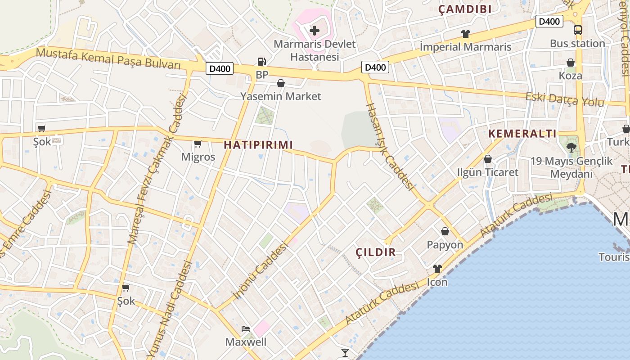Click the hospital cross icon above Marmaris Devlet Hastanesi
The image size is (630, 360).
pos(315,31)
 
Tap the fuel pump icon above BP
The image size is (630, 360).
pos(261,62)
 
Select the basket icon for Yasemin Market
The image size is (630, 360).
pos(281,83)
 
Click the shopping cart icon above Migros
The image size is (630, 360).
pos(198,144)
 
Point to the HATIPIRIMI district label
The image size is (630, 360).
pos(258,145)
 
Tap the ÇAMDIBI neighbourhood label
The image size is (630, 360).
pos(465,9)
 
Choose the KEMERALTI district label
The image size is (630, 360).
pos(522,134)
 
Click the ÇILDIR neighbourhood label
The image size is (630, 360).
pos(376,252)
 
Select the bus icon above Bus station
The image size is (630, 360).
pos(577,30)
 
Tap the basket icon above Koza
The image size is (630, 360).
pos(570,63)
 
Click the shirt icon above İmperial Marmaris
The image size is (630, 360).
pos(465,33)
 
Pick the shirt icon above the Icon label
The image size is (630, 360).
pos(437,269)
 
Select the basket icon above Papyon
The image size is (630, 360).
pos(445,231)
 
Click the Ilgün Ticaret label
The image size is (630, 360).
pos(487,172)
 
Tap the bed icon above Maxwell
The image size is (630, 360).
pos(246,328)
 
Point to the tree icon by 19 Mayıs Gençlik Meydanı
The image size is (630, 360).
pos(571,147)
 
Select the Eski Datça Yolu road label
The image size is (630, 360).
pos(565,99)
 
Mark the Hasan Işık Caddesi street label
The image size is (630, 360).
pos(390,146)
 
